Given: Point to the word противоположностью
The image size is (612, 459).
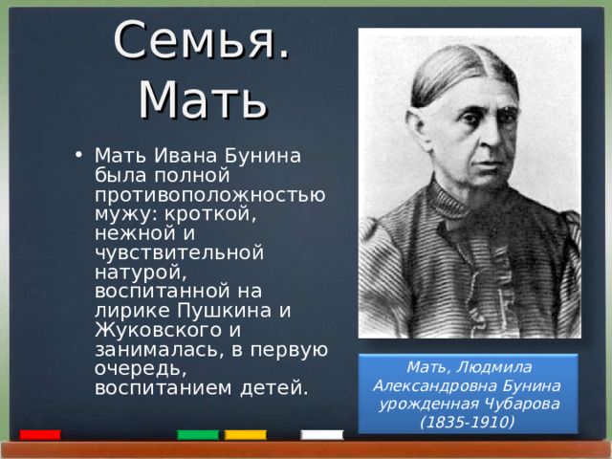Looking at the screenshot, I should coord(209,195).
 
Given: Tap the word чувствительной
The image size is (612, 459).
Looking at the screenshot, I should coord(179,252).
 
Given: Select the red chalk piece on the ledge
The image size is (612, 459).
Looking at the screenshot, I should coord(40,435).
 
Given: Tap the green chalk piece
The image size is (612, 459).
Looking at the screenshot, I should coord(198,435).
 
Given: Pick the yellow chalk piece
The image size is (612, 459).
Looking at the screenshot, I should coord(246,435).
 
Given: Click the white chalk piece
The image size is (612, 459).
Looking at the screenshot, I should coord(321,435).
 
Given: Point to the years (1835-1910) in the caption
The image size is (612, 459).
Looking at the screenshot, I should coord(468,422).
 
